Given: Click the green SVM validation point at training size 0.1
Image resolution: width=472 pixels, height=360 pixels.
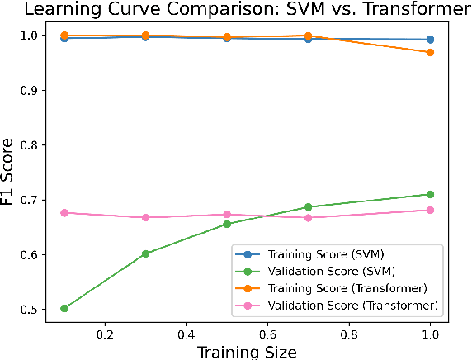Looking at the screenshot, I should point(64,308).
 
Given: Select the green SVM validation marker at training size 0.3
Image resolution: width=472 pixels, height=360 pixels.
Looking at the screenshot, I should point(146,253).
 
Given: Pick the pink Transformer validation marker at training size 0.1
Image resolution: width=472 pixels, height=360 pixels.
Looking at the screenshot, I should point(64,212).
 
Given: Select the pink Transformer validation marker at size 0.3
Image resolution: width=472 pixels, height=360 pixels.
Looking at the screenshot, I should point(146,217).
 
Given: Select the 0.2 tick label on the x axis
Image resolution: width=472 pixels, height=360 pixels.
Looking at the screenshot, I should point(105,336).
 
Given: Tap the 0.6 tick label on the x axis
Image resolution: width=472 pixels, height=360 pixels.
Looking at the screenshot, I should point(267,336).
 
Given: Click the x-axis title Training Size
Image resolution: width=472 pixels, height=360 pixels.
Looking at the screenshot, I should point(247,351).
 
